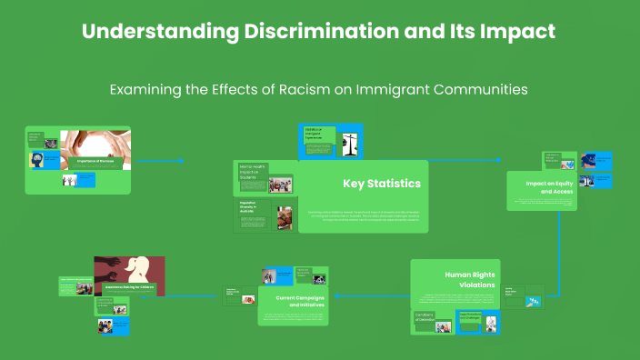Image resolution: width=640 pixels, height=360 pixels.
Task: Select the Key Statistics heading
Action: tap(381, 184)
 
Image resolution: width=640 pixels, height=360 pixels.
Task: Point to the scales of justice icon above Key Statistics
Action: tap(348, 143)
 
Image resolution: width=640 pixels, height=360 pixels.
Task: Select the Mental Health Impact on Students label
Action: tap(252, 173)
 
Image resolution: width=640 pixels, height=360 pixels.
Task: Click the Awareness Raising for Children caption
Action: tap(129, 286)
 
